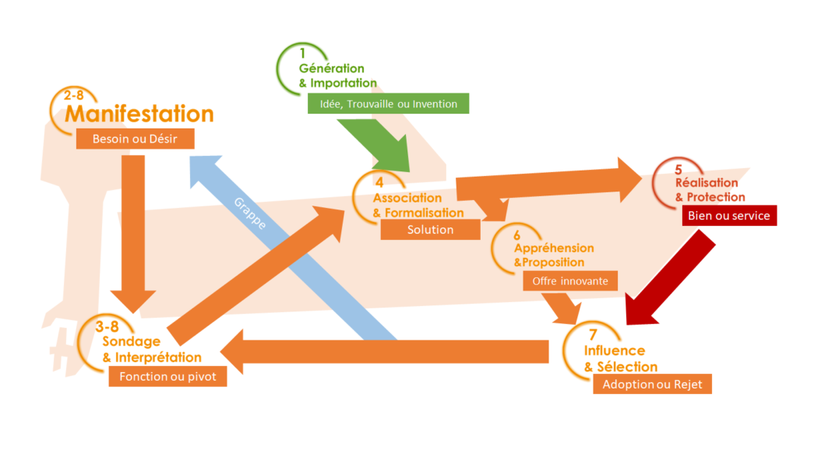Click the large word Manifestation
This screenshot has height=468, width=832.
pos(139,114)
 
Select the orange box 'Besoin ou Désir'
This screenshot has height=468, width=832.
pos(134,139)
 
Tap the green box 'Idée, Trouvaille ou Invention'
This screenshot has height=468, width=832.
pos(388,104)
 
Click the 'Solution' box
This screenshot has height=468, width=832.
pos(430,230)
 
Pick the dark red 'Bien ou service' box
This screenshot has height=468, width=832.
pos(729,216)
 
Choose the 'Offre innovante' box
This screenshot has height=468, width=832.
pos(570,280)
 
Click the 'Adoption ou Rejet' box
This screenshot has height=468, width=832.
pos(652,385)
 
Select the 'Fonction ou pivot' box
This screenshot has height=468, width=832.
pos(167,377)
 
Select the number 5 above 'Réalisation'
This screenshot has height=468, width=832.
pos(678,169)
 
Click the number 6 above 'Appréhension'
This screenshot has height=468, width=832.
pos(517,233)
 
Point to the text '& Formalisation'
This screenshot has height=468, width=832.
pos(418,213)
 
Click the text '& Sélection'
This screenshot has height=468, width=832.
pos(621,367)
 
